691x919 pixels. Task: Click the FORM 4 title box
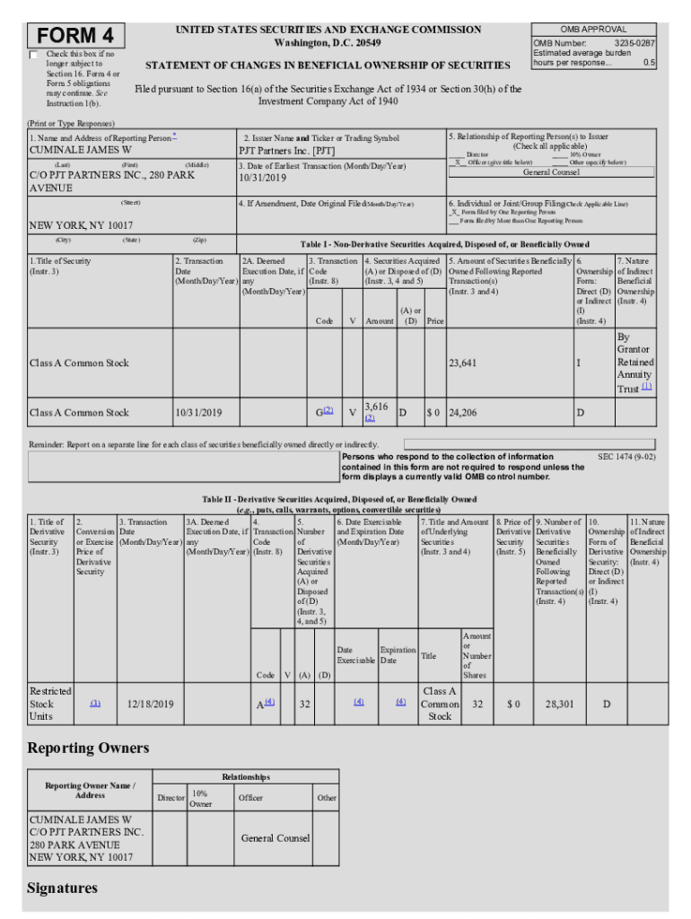(x=76, y=36)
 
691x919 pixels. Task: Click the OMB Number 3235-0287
(x=593, y=42)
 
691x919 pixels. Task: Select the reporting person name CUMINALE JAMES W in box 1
(x=81, y=151)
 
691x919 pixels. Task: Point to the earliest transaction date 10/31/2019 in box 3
(x=265, y=179)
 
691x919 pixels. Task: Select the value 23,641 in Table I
(x=463, y=363)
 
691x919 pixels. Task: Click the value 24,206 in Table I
(x=463, y=413)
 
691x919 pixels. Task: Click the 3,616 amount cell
(x=377, y=407)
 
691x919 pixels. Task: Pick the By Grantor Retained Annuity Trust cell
(x=634, y=363)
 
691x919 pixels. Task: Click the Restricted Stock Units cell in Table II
(x=50, y=704)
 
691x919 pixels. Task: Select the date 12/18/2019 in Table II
(x=151, y=705)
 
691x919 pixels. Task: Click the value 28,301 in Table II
(x=559, y=705)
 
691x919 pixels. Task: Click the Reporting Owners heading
(x=88, y=748)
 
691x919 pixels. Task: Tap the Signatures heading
(x=62, y=888)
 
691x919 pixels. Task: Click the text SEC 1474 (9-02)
(x=626, y=457)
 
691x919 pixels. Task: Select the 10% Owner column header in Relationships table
(x=200, y=799)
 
